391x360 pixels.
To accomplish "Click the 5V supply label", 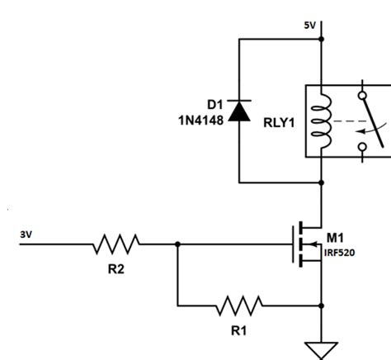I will click(x=310, y=26).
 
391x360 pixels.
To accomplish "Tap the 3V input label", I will click(x=26, y=234).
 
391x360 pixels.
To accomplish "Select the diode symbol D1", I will click(x=238, y=110).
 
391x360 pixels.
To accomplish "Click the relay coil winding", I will click(x=322, y=121).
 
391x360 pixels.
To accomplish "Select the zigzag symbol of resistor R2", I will click(x=116, y=244).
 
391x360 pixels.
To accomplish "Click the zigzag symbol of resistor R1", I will click(x=239, y=306).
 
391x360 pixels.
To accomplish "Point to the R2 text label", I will click(x=116, y=268).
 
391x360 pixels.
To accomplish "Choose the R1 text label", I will click(x=239, y=330).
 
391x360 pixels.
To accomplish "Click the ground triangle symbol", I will click(x=322, y=348).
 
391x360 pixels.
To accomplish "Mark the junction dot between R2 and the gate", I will click(x=177, y=244).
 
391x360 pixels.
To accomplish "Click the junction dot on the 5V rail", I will click(x=322, y=38).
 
